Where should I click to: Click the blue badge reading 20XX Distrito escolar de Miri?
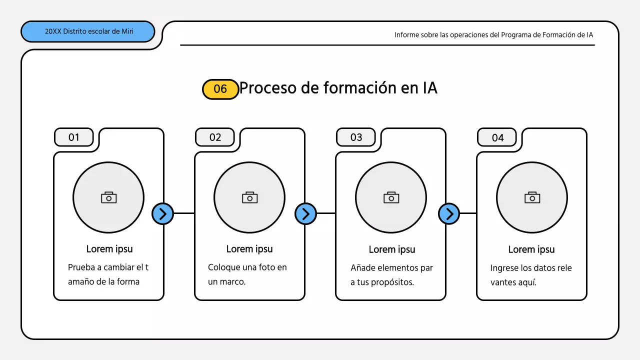click(x=88, y=31)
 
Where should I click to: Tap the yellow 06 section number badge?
click(x=220, y=89)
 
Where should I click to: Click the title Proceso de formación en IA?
click(x=338, y=88)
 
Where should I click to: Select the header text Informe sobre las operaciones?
click(x=493, y=35)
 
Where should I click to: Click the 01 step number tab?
click(x=74, y=137)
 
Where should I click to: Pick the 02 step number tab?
click(x=215, y=137)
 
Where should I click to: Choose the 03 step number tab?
click(x=356, y=137)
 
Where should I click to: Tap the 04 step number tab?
click(x=497, y=137)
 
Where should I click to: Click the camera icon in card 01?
click(x=108, y=197)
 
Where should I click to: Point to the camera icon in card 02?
click(x=249, y=197)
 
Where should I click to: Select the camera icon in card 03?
click(x=391, y=197)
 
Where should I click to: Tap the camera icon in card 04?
click(x=532, y=197)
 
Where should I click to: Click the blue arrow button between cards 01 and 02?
click(x=162, y=213)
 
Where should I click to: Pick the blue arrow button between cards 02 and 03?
click(x=305, y=213)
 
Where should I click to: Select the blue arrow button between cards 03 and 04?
click(x=449, y=213)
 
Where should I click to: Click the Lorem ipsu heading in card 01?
click(x=109, y=249)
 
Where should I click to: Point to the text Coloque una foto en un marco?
click(x=247, y=274)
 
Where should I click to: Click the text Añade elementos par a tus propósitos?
click(x=391, y=274)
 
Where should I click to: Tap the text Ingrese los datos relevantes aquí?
click(x=531, y=274)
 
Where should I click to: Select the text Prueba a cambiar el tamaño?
click(x=108, y=274)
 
